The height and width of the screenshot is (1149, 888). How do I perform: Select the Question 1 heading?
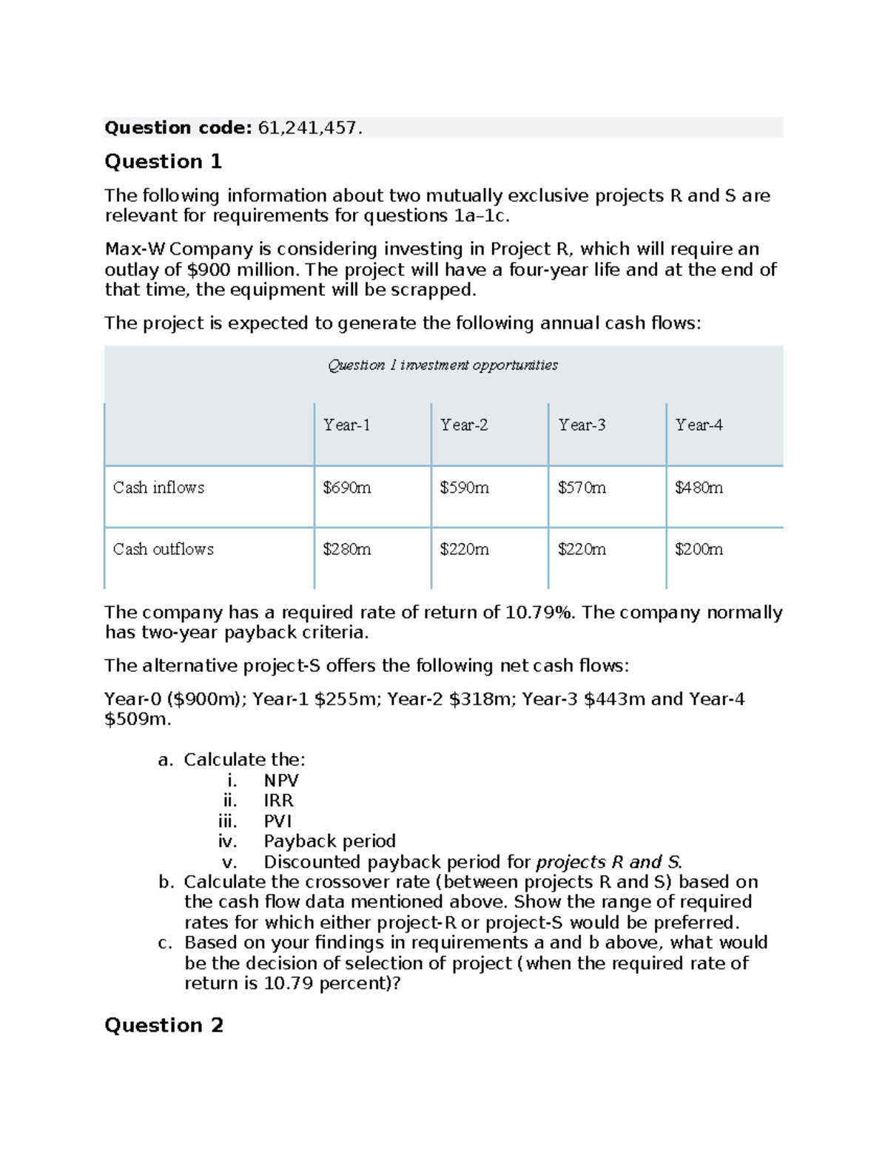pos(163,161)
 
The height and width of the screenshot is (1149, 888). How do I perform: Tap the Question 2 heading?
pos(164,1025)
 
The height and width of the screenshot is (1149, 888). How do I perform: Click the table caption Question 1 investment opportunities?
pos(443,365)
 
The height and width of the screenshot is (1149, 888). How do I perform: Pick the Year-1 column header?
pos(346,425)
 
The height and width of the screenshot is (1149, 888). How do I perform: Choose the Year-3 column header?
pos(582,425)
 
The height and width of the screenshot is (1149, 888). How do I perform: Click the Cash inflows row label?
pos(158,488)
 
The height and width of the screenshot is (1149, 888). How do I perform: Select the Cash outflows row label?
pos(163,549)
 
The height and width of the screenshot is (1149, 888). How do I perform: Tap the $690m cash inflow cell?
pos(346,488)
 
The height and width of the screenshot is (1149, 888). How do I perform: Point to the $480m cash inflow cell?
pos(699,488)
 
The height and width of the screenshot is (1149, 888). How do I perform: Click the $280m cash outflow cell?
pos(346,549)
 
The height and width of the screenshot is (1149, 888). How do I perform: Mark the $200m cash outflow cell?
pos(699,549)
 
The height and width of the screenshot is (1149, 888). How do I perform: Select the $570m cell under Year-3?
pos(582,488)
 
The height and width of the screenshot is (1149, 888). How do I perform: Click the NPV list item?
pos(281,781)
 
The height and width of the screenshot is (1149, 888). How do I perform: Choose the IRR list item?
pos(278,801)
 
